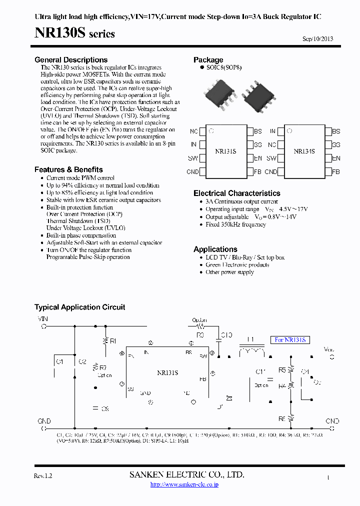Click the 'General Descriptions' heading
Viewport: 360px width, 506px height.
tap(71, 60)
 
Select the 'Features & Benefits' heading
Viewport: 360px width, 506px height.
tap(68, 169)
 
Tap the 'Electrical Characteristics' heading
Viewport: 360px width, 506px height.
tap(236, 193)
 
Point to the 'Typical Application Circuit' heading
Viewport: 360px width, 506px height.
tap(79, 307)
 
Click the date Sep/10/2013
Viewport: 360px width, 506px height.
tap(318, 39)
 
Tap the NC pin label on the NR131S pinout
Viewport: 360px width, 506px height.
tap(193, 131)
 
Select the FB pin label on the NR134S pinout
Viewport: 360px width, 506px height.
tap(335, 172)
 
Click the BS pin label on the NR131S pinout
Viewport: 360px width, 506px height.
tap(257, 131)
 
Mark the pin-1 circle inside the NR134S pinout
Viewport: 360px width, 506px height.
tap(289, 131)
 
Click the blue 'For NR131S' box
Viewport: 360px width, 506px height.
tap(290, 340)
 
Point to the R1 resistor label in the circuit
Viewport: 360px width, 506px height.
tap(113, 341)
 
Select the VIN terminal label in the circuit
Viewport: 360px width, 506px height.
tap(43, 318)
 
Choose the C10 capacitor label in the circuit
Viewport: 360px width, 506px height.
tap(226, 335)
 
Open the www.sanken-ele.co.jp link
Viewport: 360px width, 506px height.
tap(184, 484)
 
